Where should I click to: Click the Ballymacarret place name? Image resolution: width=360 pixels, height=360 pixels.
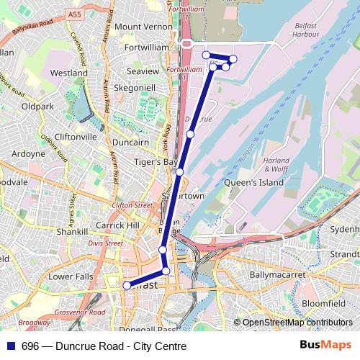coord(277,275)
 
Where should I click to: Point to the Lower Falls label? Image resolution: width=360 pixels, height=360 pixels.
coord(70,276)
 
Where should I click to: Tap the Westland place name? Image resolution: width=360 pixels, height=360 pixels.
coord(69,73)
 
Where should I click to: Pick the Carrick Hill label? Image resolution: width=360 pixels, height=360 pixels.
coord(117,225)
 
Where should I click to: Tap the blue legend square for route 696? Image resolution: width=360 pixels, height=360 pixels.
coord(11,346)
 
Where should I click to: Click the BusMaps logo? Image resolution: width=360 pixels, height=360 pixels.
coord(325,346)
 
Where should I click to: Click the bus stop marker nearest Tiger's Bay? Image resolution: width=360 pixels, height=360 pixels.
coord(179,171)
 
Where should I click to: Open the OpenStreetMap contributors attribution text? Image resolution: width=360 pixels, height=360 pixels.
coord(297,323)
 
